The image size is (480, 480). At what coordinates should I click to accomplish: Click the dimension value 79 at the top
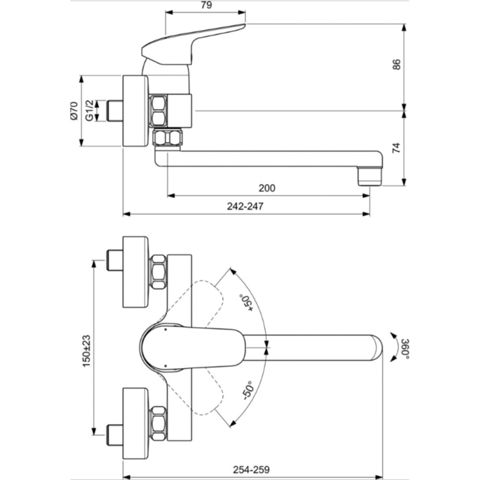tap(206, 5)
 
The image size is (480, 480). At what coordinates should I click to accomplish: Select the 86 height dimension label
tap(396, 64)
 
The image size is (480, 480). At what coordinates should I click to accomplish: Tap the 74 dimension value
tap(396, 148)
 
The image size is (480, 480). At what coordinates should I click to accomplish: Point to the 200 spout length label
tap(267, 188)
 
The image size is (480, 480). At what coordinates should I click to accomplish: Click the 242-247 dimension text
tap(245, 206)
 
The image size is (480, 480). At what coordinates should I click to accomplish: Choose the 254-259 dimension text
tap(252, 469)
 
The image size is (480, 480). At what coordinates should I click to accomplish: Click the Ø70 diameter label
tap(74, 110)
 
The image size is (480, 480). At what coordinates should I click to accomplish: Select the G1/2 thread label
tap(89, 110)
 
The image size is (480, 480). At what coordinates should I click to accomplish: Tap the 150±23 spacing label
tap(86, 351)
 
